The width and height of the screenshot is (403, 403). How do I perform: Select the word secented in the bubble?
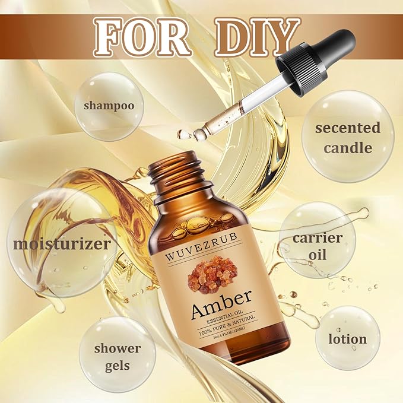348,128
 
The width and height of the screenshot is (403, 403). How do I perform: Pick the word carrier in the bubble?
318,238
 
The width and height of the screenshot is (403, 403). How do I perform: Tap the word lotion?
348,339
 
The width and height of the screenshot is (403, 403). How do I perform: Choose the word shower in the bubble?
117,348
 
